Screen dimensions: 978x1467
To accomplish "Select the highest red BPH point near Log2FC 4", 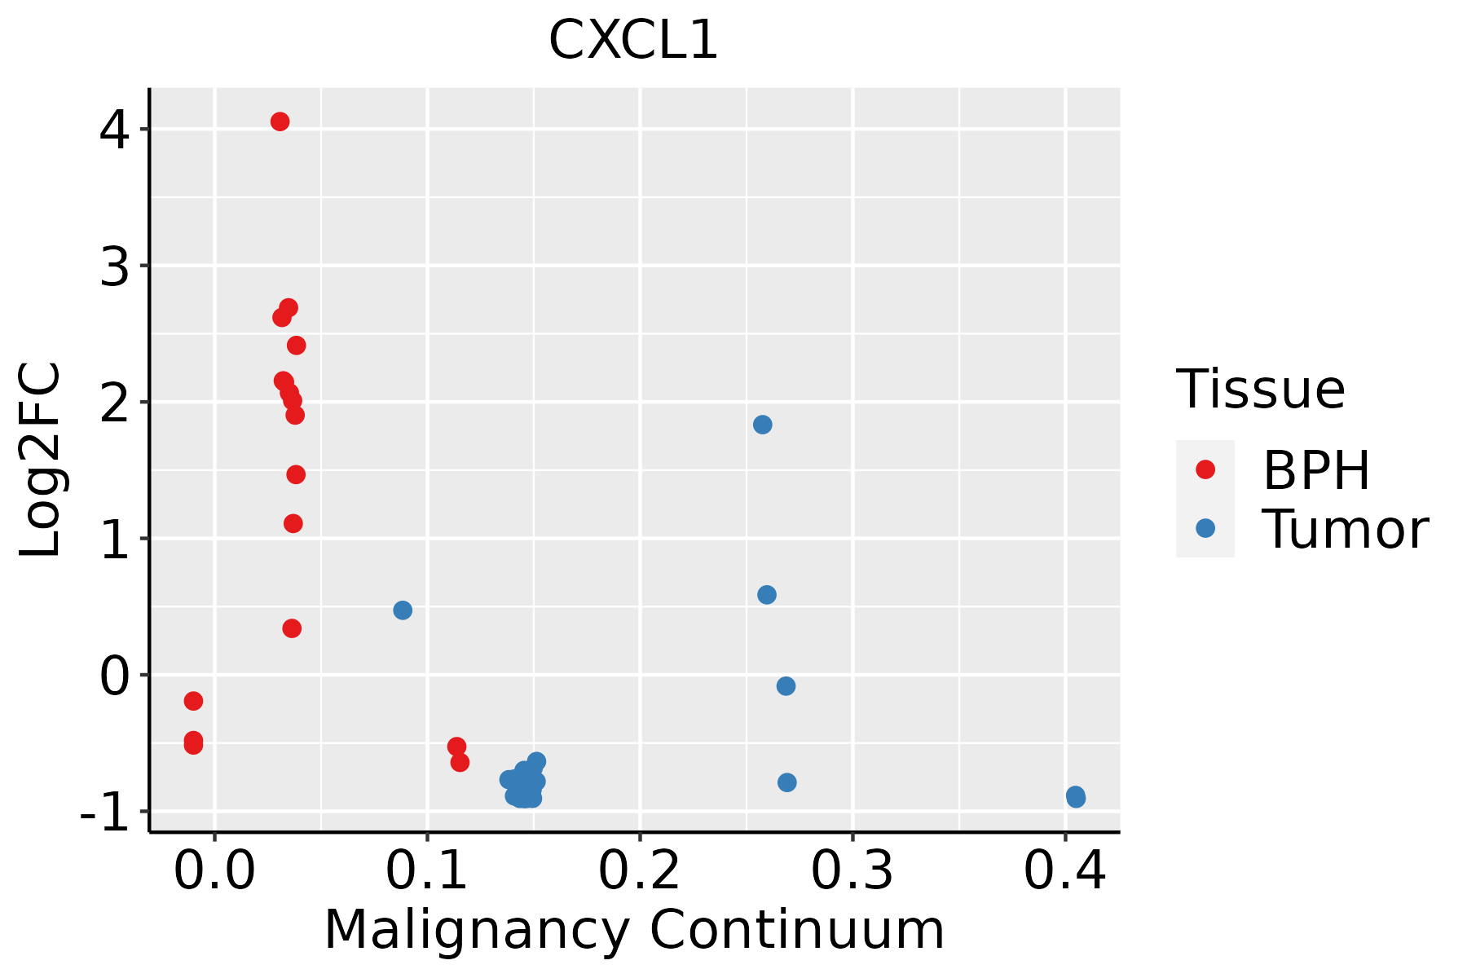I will [x=280, y=121].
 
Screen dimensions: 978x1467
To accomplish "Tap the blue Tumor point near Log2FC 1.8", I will [x=763, y=425].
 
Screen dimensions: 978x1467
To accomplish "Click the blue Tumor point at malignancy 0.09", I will [x=403, y=610].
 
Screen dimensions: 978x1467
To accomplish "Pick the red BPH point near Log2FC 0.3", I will [x=292, y=628].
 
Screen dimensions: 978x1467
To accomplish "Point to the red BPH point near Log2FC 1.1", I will [x=293, y=523].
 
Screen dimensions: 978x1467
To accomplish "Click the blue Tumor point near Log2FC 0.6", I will [x=767, y=595].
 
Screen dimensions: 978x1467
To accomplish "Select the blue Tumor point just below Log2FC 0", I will [x=786, y=686].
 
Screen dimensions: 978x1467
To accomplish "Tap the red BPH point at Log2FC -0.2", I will [x=193, y=701].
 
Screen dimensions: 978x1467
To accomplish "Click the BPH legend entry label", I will [x=1316, y=470].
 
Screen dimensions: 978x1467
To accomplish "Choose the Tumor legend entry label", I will [x=1345, y=530].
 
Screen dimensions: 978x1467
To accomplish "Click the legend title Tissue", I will [x=1260, y=390].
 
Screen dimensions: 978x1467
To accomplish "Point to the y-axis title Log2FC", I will [x=41, y=460].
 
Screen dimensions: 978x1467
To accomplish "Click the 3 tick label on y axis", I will [x=115, y=267].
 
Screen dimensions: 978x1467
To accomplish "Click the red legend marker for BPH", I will [x=1205, y=469].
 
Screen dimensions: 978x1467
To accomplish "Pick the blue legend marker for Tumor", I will [x=1205, y=528].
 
